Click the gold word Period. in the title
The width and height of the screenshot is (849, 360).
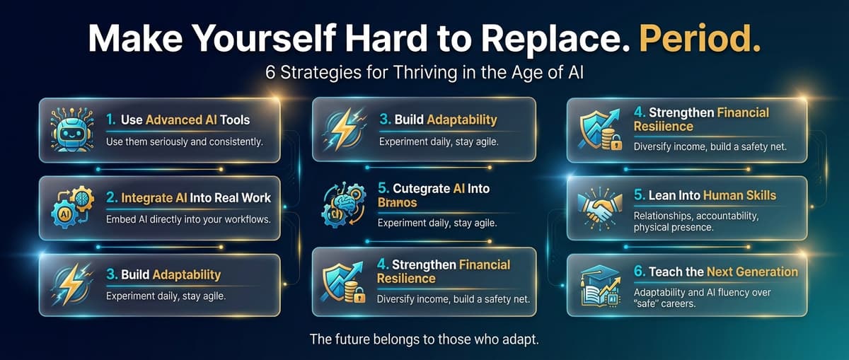[x=700, y=39]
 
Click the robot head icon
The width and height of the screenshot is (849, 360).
[x=72, y=129]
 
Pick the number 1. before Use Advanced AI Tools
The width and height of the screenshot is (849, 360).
[x=111, y=120]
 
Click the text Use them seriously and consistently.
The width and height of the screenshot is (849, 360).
[x=184, y=142]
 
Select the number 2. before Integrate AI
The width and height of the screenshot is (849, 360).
[x=112, y=197]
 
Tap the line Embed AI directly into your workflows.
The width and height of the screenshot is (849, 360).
[x=188, y=219]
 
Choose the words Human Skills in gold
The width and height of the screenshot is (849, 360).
[x=739, y=195]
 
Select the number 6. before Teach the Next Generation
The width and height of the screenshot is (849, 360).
[x=640, y=272]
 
